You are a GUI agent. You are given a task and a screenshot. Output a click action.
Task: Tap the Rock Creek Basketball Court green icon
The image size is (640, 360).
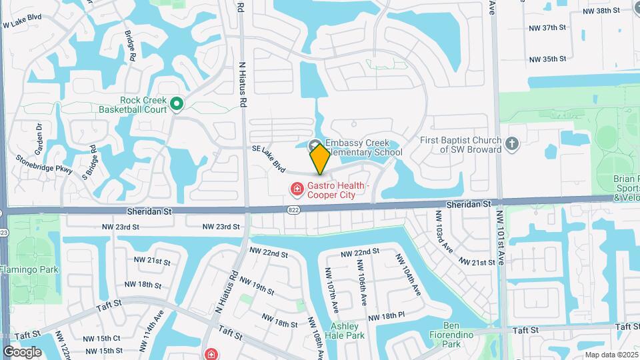pyautogui.click(x=177, y=103)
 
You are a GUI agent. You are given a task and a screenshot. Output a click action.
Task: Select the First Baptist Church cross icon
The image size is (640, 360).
pyautogui.click(x=511, y=144)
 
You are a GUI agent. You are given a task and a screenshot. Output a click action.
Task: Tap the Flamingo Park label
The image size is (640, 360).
pyautogui.click(x=29, y=269)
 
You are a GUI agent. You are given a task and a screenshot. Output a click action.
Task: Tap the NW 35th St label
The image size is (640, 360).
pyautogui.click(x=547, y=59)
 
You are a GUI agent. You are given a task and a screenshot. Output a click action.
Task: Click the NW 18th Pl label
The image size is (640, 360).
pyautogui.click(x=386, y=316)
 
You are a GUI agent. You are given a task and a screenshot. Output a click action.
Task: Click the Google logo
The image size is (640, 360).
pyautogui.click(x=22, y=351)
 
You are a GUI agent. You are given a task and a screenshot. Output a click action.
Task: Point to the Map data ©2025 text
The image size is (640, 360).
pyautogui.click(x=611, y=355)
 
